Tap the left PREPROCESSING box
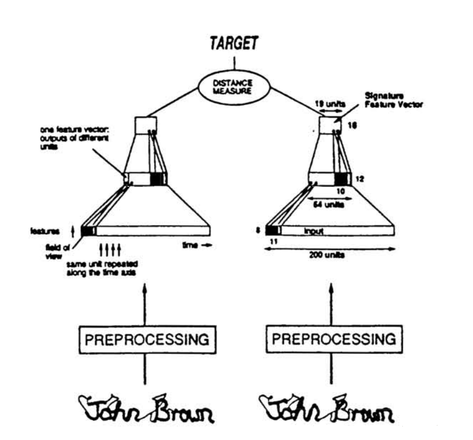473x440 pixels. click(145, 338)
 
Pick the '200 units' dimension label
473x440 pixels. click(326, 257)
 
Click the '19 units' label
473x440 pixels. click(327, 104)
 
